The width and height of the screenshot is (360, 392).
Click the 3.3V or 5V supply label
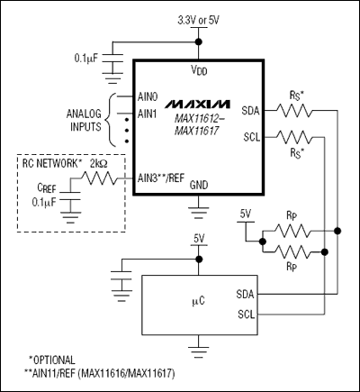point(198,19)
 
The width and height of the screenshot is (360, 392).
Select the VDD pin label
point(198,70)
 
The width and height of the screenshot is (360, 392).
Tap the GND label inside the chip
point(199,184)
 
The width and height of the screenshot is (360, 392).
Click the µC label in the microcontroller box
point(196,301)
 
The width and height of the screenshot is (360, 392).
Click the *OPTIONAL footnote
point(53,360)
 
